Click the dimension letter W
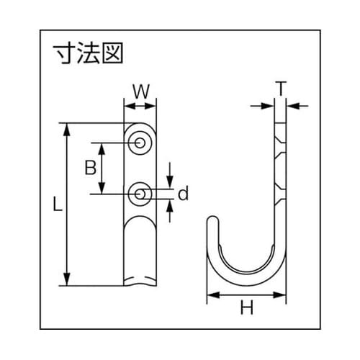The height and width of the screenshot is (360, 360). coord(140,91)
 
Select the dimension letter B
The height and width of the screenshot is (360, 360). coord(90,168)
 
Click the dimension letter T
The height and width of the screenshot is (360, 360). coord(281,89)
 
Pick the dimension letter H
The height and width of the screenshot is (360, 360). coord(247,310)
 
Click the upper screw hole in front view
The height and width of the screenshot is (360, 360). coord(140,144)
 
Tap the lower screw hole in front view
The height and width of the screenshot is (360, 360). coord(140,193)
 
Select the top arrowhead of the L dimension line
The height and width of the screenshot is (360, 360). coord(67,128)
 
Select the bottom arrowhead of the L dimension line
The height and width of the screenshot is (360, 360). coord(67,283)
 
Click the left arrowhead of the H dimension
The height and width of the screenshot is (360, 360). coord(212,294)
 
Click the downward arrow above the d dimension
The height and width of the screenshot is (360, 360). coord(170,180)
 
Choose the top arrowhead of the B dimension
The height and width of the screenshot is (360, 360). coord(102,146)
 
